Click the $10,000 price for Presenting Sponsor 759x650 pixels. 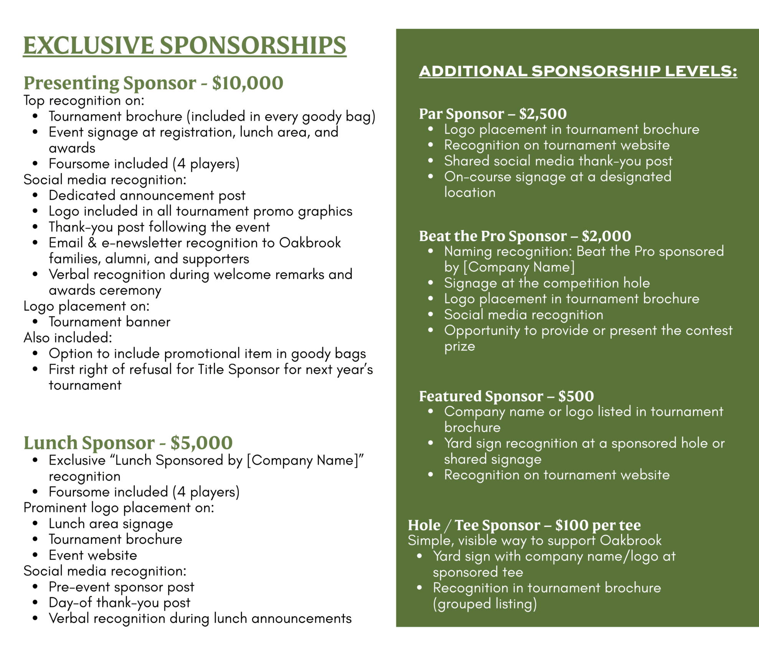pyautogui.click(x=247, y=83)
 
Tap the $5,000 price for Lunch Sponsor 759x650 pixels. pyautogui.click(x=201, y=443)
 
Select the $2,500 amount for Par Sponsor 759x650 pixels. pyautogui.click(x=543, y=114)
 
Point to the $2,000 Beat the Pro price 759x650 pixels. pyautogui.click(x=606, y=236)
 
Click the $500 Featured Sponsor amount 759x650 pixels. pyautogui.click(x=576, y=396)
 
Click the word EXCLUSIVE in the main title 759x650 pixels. pyautogui.click(x=88, y=46)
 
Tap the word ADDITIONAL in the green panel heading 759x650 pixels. pyautogui.click(x=473, y=71)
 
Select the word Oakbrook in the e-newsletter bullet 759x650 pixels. pyautogui.click(x=310, y=243)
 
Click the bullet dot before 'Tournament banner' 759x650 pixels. pyautogui.click(x=35, y=322)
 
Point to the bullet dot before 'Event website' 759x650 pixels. pyautogui.click(x=35, y=555)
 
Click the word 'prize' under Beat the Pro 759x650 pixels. pyautogui.click(x=459, y=346)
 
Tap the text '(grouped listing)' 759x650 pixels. pyautogui.click(x=485, y=604)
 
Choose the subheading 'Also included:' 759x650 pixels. pyautogui.click(x=68, y=338)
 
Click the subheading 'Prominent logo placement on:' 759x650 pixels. pyautogui.click(x=119, y=508)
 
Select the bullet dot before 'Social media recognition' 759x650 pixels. pyautogui.click(x=431, y=315)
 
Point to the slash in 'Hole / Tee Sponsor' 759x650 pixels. pyautogui.click(x=447, y=525)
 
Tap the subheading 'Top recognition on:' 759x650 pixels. pyautogui.click(x=84, y=101)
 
